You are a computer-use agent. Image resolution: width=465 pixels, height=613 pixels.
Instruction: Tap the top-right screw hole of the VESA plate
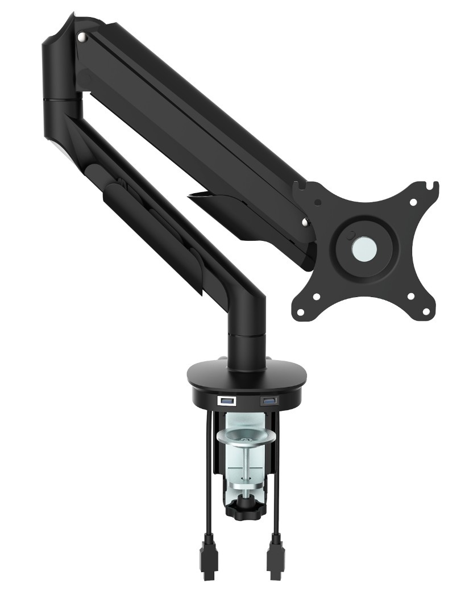click(413, 202)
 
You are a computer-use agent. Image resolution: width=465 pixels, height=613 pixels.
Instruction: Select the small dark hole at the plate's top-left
click(317, 202)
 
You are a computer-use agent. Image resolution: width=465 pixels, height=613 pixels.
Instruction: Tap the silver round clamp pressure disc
click(246, 438)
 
